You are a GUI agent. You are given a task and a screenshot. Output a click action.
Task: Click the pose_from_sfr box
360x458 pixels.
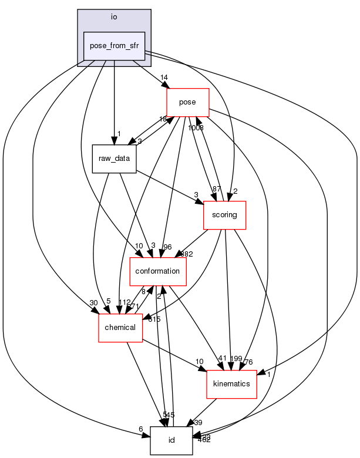114,46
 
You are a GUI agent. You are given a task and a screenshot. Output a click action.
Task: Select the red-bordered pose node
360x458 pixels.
188,102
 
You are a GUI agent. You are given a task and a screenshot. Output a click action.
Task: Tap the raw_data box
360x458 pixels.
114,159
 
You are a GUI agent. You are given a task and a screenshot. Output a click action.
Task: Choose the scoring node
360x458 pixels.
224,215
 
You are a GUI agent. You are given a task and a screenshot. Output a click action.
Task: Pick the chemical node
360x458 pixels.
120,327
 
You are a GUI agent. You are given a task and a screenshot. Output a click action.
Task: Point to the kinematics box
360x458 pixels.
231,383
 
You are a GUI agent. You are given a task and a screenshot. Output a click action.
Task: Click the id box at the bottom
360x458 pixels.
171,440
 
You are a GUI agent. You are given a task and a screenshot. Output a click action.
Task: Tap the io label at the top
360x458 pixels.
114,17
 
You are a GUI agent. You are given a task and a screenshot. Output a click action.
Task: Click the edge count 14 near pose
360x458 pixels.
164,77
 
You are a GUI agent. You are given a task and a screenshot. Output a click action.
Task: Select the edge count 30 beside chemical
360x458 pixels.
93,302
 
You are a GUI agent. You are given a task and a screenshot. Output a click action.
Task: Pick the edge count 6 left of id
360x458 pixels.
141,429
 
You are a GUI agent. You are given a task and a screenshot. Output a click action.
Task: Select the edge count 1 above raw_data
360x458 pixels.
119,133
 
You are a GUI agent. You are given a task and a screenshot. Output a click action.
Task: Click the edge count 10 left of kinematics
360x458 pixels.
199,361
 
